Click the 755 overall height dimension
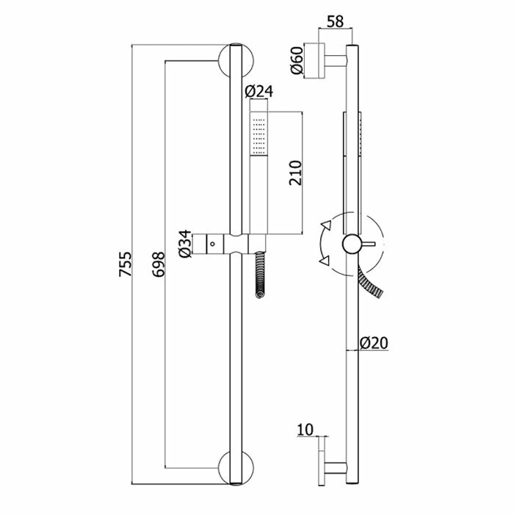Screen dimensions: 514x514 [x=126, y=265]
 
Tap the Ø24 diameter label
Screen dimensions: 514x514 [x=258, y=92]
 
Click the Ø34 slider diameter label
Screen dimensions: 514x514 [x=187, y=243]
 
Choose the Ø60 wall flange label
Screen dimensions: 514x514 [x=297, y=61]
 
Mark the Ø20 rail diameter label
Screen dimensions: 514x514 [x=374, y=342]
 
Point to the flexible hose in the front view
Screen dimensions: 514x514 [x=259, y=275]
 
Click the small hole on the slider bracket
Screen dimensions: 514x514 [x=214, y=242]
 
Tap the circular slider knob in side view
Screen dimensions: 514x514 [x=352, y=243]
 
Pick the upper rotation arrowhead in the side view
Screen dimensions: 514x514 [x=325, y=227]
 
